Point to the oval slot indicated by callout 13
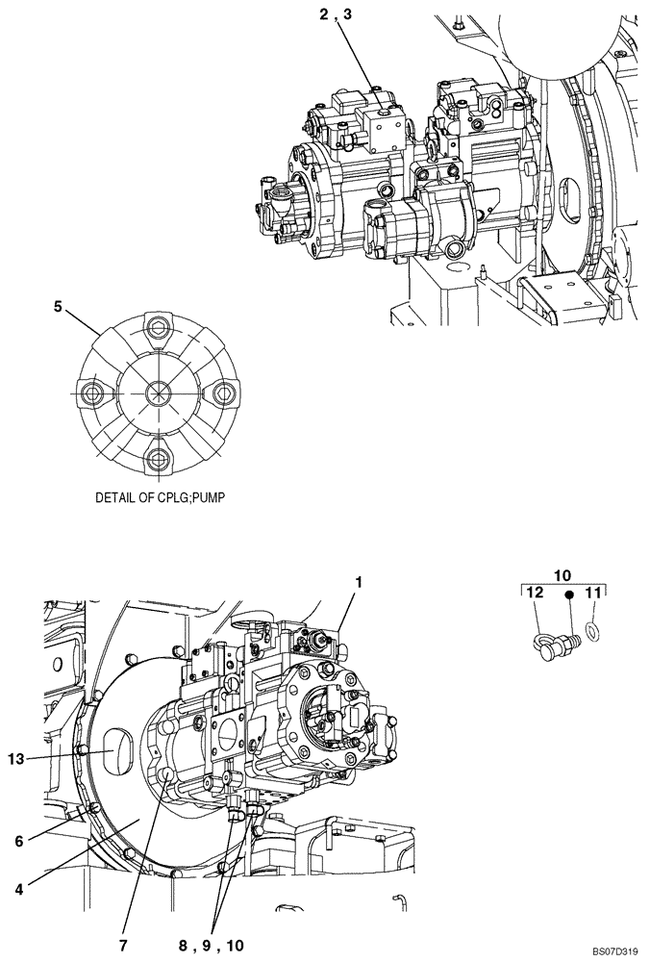click(x=112, y=747)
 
